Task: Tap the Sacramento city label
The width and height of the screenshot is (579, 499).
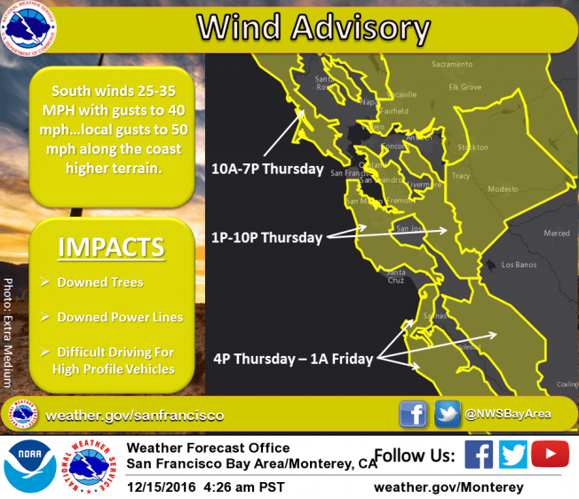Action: [452, 65]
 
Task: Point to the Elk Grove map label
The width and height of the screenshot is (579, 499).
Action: [464, 87]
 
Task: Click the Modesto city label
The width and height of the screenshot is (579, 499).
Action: [502, 189]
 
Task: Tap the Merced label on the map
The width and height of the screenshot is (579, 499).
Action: [557, 234]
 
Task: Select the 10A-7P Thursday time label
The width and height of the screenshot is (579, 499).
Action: [266, 167]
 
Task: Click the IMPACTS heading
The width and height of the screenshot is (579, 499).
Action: [111, 247]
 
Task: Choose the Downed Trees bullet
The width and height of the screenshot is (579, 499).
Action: [99, 282]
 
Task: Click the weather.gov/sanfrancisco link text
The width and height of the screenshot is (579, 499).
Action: [134, 416]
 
